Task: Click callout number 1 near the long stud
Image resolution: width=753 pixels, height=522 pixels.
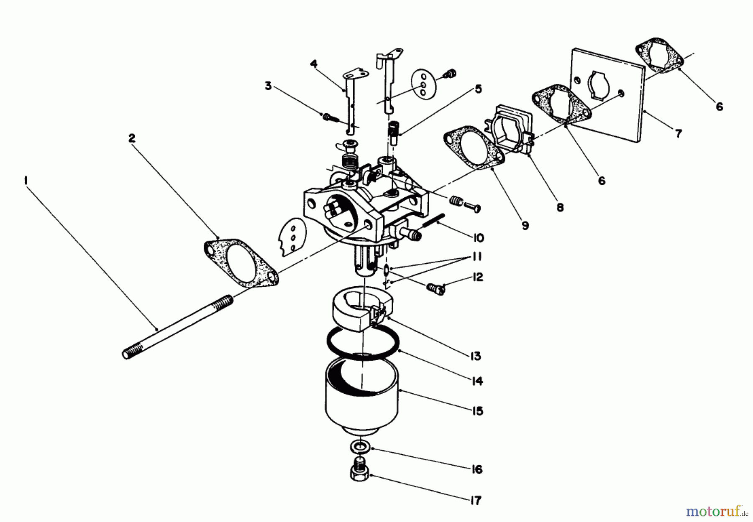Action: tap(26, 181)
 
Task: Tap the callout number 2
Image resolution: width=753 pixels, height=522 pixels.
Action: tap(132, 138)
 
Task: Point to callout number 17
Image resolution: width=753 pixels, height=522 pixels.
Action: tap(476, 500)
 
